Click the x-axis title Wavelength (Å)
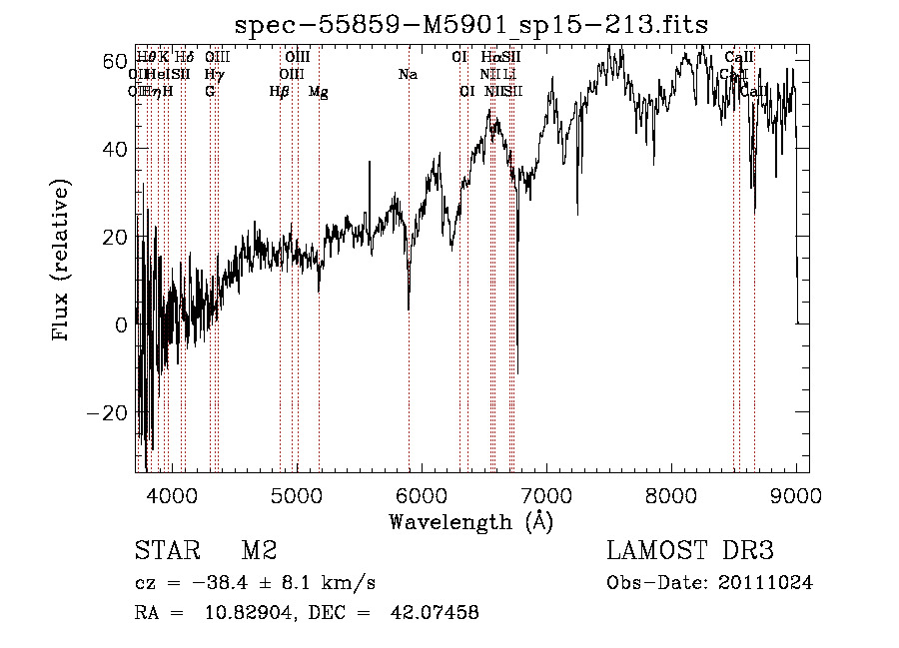(x=470, y=521)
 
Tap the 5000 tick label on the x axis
(x=297, y=495)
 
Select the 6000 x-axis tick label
(x=422, y=495)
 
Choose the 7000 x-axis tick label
(x=546, y=495)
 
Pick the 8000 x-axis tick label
(x=671, y=495)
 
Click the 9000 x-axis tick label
(x=796, y=495)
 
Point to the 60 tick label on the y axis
(x=114, y=61)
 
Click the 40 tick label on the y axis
(x=114, y=149)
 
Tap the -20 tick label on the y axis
(x=108, y=412)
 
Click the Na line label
(x=408, y=75)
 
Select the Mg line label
(x=319, y=92)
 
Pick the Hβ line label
(x=279, y=92)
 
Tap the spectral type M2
(x=259, y=552)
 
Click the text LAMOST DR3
(x=690, y=552)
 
